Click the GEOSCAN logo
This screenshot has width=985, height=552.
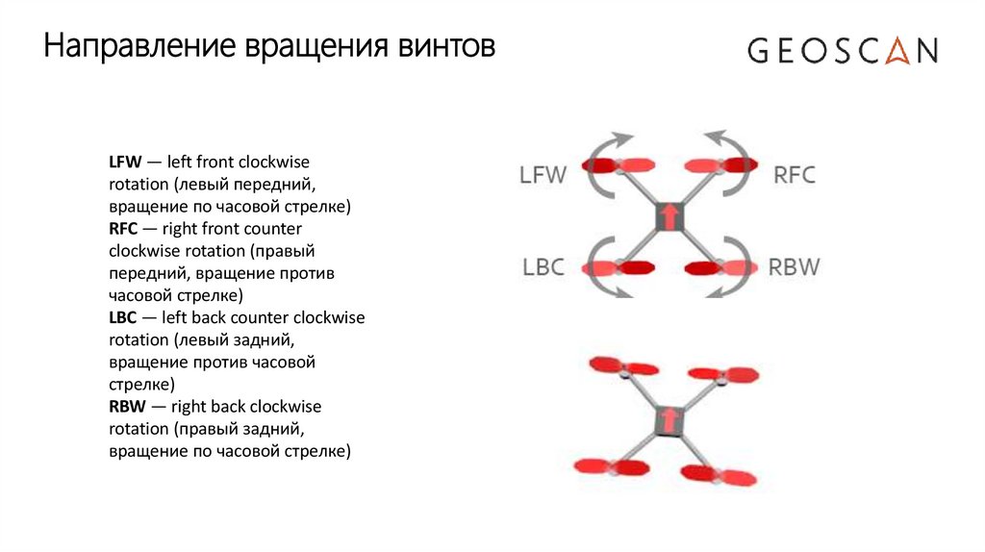(x=843, y=50)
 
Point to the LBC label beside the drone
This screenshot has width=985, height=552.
(x=543, y=266)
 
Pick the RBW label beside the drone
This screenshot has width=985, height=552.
(x=795, y=266)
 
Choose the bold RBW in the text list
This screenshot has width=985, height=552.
(x=127, y=406)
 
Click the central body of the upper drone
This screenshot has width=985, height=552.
(x=669, y=216)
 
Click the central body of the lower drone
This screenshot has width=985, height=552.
(x=669, y=420)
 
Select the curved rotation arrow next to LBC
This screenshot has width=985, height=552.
(x=596, y=264)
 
